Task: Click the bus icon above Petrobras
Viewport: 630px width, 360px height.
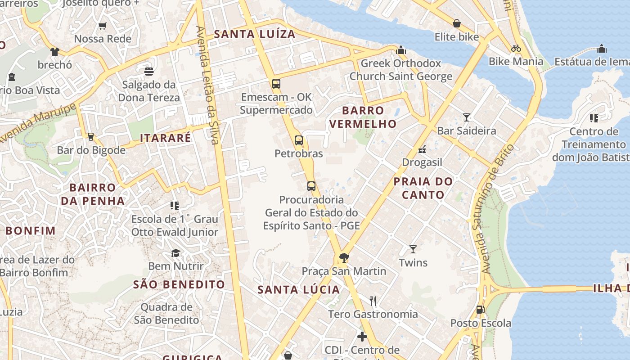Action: click(x=299, y=140)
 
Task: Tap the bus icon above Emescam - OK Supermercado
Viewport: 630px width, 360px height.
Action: click(x=276, y=83)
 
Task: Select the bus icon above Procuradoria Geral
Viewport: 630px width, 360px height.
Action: click(x=311, y=186)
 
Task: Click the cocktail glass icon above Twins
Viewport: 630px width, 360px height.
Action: click(x=413, y=249)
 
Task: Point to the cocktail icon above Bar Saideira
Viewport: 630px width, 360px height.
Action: click(x=467, y=117)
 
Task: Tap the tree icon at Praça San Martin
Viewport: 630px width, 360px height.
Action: click(x=344, y=257)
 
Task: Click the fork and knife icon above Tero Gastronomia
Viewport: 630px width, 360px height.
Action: click(x=373, y=300)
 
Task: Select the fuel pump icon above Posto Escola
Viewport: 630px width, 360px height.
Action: click(x=481, y=310)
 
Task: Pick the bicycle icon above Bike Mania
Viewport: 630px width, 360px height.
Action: click(x=516, y=48)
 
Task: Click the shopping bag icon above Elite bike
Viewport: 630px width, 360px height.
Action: click(x=457, y=23)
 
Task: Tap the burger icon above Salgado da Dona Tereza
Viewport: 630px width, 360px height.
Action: click(x=149, y=71)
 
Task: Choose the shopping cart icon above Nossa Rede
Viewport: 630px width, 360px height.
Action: click(x=103, y=26)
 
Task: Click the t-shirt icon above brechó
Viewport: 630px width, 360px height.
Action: click(x=54, y=51)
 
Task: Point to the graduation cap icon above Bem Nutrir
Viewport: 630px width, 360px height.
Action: click(x=175, y=253)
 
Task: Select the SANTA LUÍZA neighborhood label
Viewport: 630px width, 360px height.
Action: click(x=255, y=34)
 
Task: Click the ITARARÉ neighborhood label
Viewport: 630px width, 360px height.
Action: click(x=166, y=138)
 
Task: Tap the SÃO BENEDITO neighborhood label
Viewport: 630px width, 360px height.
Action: click(x=179, y=284)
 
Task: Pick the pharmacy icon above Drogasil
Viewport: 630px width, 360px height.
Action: click(x=422, y=149)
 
